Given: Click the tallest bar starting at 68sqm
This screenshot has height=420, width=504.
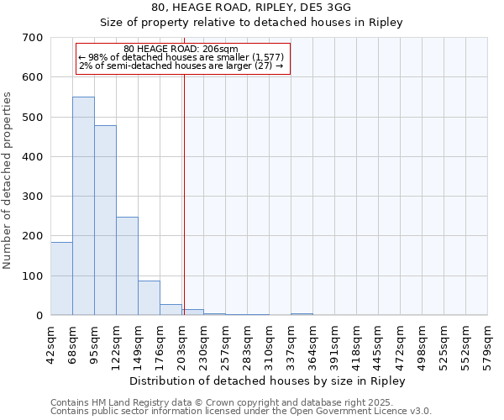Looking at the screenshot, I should (x=83, y=206).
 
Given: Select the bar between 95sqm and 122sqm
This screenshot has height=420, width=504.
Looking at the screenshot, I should (x=105, y=220).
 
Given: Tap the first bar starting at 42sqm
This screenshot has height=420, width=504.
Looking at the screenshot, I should (x=61, y=278).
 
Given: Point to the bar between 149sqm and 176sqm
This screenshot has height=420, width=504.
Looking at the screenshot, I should (x=149, y=297).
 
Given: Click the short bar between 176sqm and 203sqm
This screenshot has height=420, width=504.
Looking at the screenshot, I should (x=171, y=309).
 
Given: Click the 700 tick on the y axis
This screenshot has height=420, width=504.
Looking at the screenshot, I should (x=33, y=38).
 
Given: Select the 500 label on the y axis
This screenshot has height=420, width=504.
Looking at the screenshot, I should (x=33, y=118).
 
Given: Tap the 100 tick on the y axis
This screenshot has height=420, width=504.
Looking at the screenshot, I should (x=33, y=276).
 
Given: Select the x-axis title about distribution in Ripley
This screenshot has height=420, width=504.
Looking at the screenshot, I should (x=269, y=381).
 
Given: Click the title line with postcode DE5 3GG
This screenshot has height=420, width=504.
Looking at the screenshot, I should (x=252, y=8).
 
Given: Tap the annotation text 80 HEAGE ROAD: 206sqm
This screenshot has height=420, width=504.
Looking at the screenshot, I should (x=181, y=49).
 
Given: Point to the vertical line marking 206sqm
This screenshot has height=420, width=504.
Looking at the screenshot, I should (x=183, y=193).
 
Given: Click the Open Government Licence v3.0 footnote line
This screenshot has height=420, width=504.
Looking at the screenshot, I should (x=240, y=412).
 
